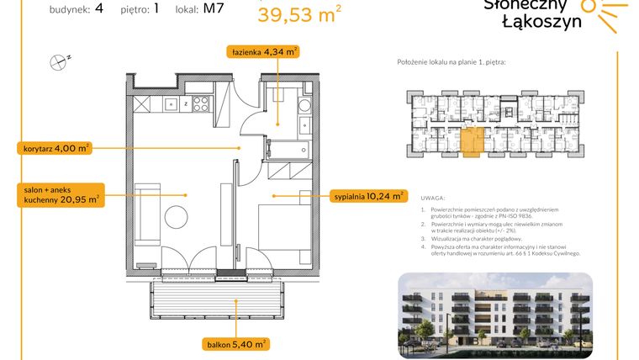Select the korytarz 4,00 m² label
tap(53, 149)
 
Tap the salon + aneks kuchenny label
tap(58, 195)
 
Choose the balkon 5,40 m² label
tap(235, 343)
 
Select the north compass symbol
tap(58, 61)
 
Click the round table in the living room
tap(178, 214)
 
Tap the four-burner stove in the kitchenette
tap(201, 104)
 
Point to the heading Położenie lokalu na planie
tap(451, 63)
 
